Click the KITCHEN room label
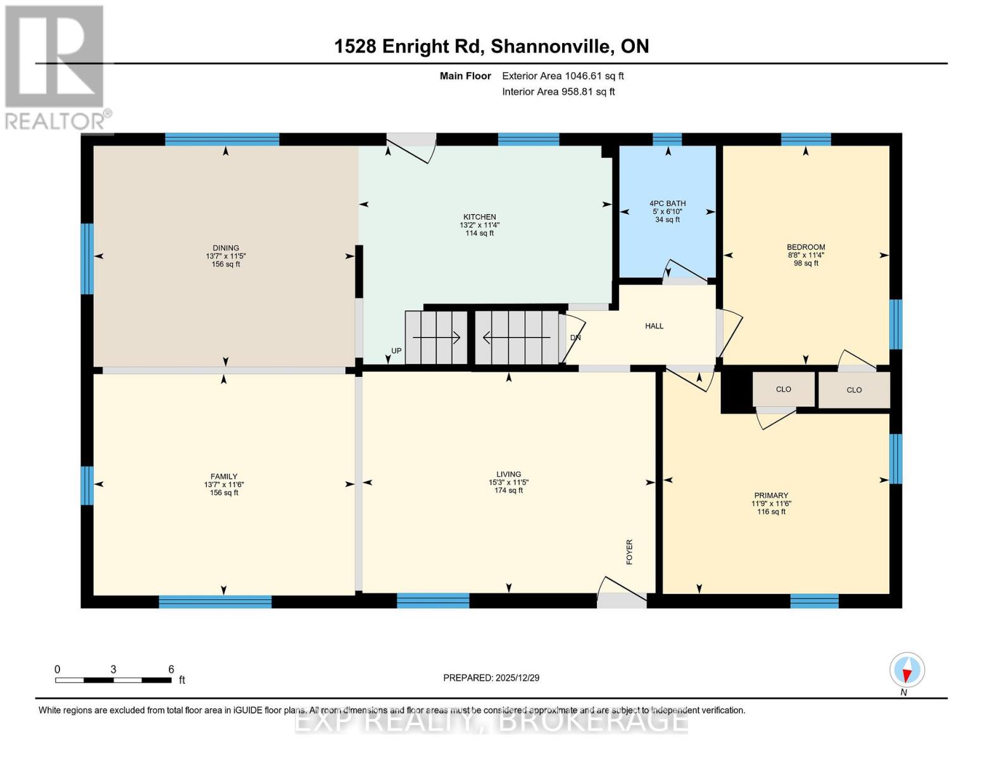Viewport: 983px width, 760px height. coord(479,217)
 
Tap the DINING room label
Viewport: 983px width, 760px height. coord(226,248)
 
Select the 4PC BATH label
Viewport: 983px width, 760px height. coord(667,204)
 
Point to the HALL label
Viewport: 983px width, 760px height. coord(654,326)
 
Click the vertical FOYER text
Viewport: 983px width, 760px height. coord(629,552)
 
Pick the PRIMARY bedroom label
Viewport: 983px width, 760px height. coord(771,496)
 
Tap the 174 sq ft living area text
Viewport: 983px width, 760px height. coord(508,490)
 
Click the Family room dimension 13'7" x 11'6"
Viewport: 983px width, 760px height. coord(224,484)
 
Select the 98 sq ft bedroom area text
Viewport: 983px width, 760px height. coord(806,263)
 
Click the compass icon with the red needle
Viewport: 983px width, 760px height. coord(907,670)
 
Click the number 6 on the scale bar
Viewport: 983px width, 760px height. coord(171,669)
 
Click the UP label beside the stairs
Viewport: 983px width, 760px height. coord(396,351)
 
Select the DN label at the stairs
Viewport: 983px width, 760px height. coord(575,338)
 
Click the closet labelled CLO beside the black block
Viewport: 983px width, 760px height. coord(783,389)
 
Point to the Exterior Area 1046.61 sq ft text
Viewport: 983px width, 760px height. coord(563,76)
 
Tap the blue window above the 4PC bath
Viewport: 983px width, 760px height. coord(667,139)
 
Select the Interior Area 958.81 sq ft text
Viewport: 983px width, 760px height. coord(558,92)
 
